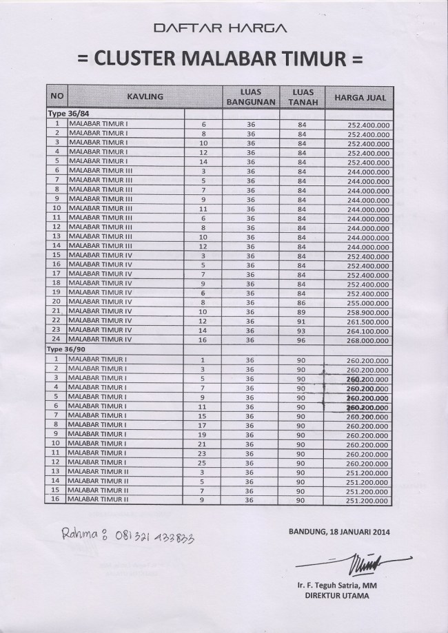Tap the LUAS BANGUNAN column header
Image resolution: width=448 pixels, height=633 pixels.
[250, 97]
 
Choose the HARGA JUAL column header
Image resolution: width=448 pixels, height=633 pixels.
[360, 97]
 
